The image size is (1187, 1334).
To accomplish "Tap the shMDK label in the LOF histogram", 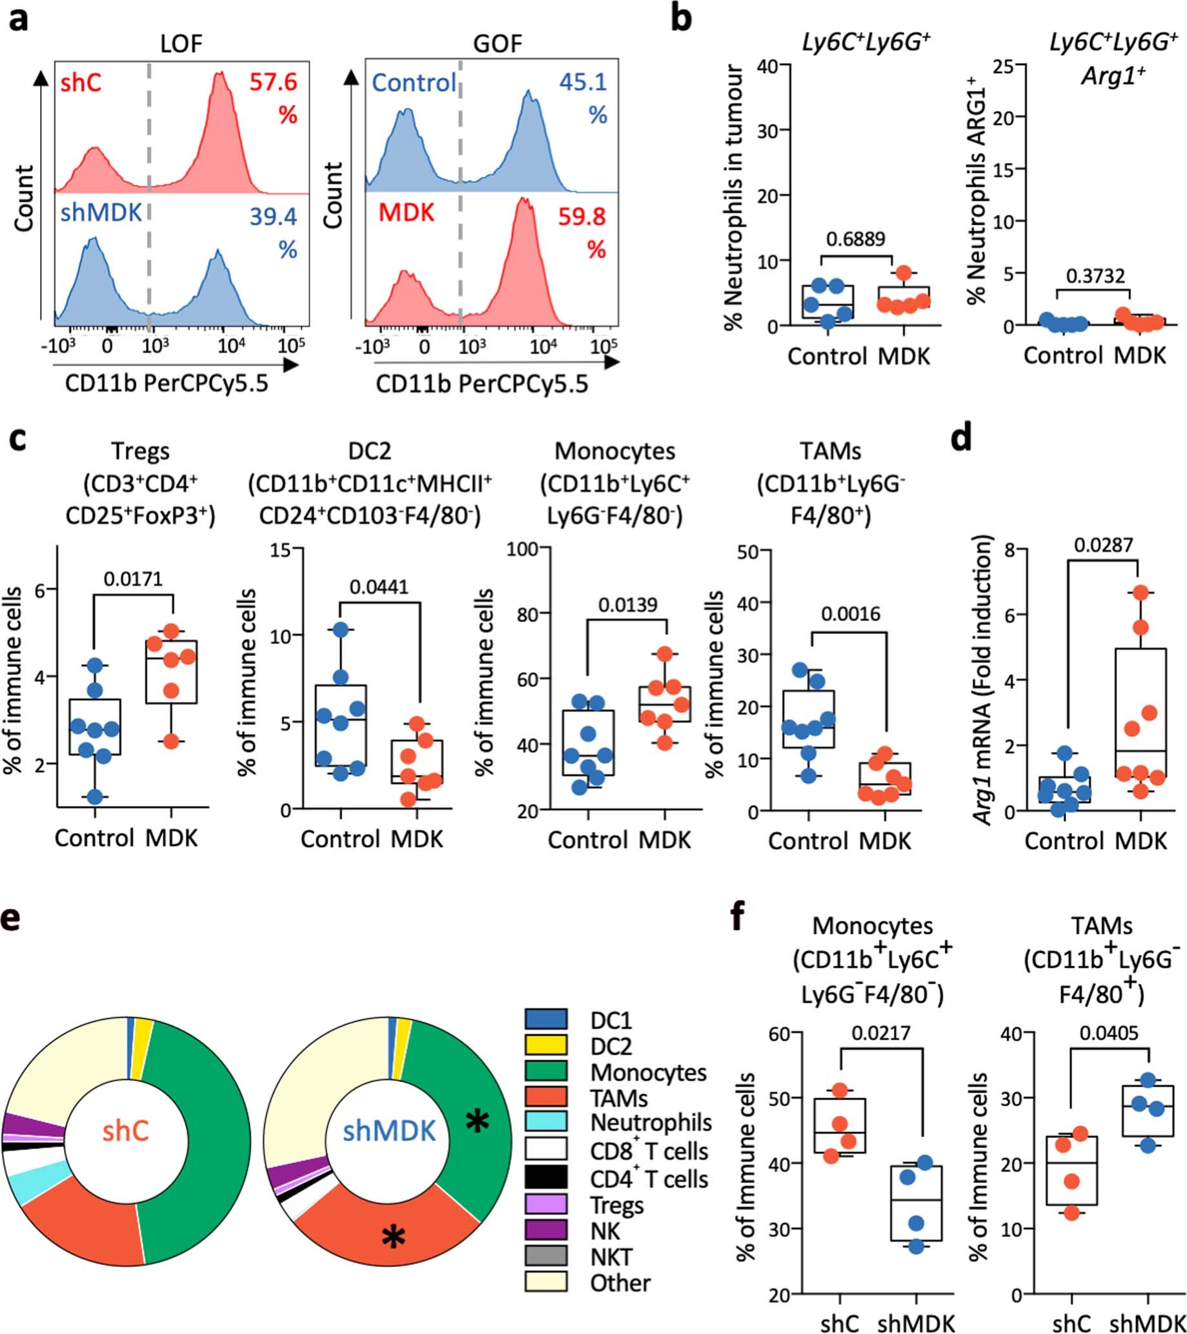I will (x=101, y=213).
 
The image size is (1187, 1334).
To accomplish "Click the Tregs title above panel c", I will (x=140, y=451).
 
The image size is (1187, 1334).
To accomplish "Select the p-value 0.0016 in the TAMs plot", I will (x=850, y=614).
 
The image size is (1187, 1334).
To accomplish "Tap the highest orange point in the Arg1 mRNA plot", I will (x=1140, y=593).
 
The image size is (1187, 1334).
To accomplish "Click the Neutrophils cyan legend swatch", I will (x=545, y=1122).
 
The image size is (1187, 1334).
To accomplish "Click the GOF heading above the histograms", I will (x=497, y=44).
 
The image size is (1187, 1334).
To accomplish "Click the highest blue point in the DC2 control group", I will (x=341, y=629).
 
